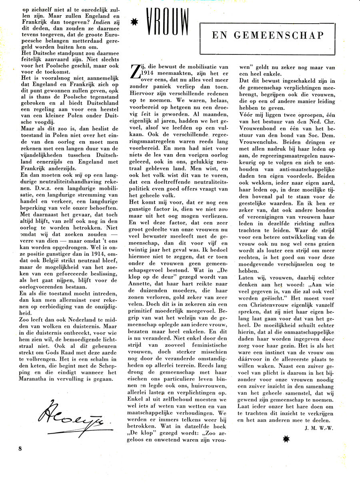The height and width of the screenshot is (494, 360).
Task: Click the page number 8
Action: tap(20, 448)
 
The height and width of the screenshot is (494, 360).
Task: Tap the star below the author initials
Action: tap(286, 439)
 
